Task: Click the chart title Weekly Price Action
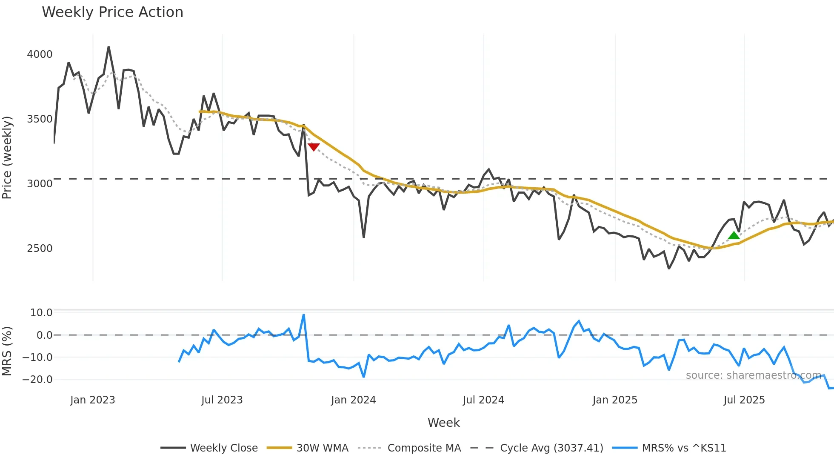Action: pos(112,12)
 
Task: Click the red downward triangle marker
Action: pos(314,147)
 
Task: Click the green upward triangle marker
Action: pos(734,235)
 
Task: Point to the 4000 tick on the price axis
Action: pos(40,54)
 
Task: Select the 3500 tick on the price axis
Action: pos(40,119)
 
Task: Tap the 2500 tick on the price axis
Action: pos(40,249)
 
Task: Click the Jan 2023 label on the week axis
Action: pos(92,400)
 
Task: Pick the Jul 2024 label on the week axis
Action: pos(483,400)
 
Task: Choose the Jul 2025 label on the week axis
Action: pos(744,400)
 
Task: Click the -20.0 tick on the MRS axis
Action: pos(37,380)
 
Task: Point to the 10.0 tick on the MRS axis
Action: pos(41,313)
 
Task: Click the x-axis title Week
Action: pos(443,423)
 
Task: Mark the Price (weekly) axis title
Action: pos(7,157)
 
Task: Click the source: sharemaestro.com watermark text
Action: pos(753,375)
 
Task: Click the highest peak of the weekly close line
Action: pos(109,47)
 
